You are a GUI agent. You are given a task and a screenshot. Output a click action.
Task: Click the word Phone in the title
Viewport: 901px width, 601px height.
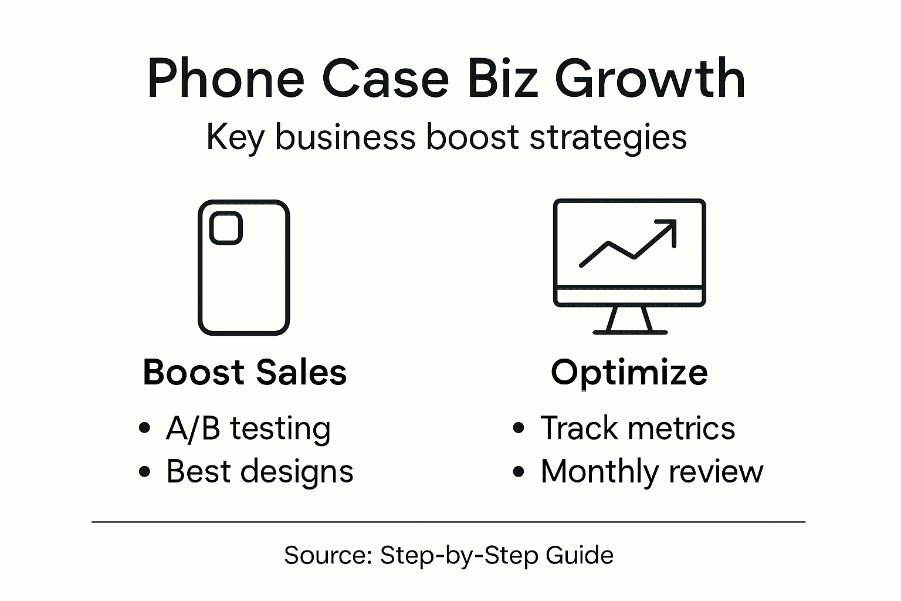point(225,79)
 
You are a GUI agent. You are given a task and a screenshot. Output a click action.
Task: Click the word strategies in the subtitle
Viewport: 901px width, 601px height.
point(608,139)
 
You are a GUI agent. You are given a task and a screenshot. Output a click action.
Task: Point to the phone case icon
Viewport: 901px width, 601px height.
point(244,268)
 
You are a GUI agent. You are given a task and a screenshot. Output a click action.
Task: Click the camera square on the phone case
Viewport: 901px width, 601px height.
point(226,228)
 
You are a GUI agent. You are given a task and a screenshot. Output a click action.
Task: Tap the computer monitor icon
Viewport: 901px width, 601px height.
point(629,252)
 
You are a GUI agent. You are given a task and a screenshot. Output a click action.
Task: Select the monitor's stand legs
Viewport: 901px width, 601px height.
point(629,320)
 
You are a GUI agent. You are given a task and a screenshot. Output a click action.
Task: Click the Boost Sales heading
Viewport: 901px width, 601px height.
point(245,372)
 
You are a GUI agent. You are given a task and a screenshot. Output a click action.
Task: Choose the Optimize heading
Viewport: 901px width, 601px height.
point(629,372)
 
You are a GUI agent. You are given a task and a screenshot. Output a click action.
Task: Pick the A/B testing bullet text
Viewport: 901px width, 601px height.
point(248,428)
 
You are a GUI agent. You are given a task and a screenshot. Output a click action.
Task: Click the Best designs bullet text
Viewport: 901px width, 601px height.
point(260,471)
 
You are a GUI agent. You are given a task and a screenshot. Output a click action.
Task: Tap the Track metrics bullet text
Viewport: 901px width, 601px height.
point(638,428)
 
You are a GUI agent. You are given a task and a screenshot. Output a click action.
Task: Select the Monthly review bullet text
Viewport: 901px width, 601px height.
point(652,471)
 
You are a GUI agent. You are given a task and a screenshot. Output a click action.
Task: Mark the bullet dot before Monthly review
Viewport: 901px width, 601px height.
point(518,471)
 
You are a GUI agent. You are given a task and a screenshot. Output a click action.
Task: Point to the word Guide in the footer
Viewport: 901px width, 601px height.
point(580,555)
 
